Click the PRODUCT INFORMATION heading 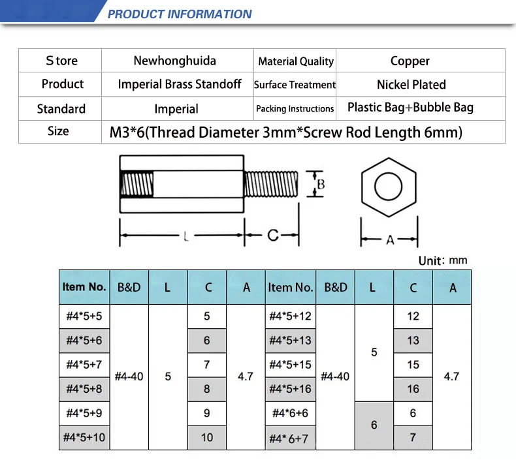180,14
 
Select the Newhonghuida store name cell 175,61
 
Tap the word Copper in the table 410,61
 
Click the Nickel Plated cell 411,85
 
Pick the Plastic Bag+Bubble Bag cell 410,108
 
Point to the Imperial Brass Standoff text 180,84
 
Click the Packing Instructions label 295,108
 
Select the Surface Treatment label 295,85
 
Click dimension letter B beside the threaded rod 321,184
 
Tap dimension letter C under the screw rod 273,235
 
